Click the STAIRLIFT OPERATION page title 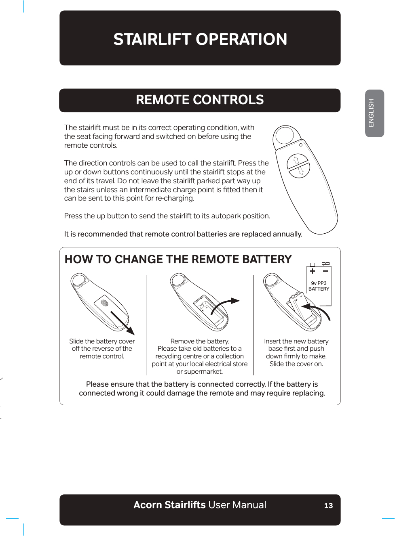click(200, 39)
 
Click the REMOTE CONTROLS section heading click(200, 100)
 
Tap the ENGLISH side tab click(372, 113)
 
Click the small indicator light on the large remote click(301, 145)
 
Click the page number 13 click(328, 505)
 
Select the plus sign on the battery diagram click(312, 271)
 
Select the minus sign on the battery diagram click(325, 271)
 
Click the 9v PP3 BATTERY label click(319, 286)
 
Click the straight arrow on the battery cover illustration click(123, 322)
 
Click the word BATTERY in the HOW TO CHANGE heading click(267, 259)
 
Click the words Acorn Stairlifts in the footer click(170, 505)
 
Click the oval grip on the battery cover click(104, 303)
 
